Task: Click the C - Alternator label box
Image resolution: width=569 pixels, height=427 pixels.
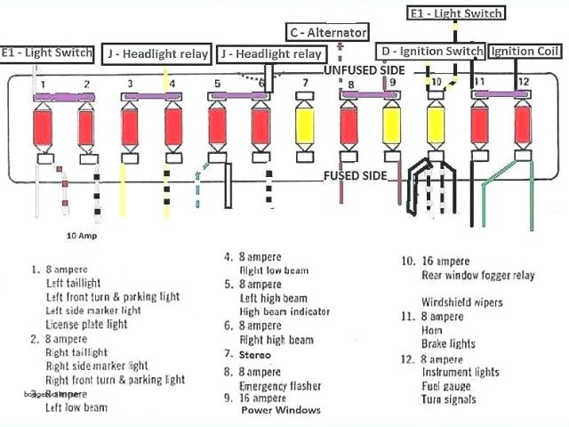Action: tap(327, 32)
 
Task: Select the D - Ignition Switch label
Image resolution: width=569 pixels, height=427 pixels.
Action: tap(430, 51)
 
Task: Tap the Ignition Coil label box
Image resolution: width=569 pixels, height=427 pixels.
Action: tap(525, 51)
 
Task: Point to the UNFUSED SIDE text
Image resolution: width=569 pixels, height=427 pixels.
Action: tap(365, 69)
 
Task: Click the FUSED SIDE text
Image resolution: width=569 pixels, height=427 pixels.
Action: tap(355, 175)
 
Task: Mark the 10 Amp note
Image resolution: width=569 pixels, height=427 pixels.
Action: tap(83, 237)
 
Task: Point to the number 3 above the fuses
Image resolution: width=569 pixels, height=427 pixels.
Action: tap(130, 85)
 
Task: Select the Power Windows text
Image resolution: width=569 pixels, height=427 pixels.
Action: tap(279, 410)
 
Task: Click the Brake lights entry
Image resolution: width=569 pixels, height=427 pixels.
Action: tap(450, 343)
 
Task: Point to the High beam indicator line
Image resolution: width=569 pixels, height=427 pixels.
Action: tap(284, 311)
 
